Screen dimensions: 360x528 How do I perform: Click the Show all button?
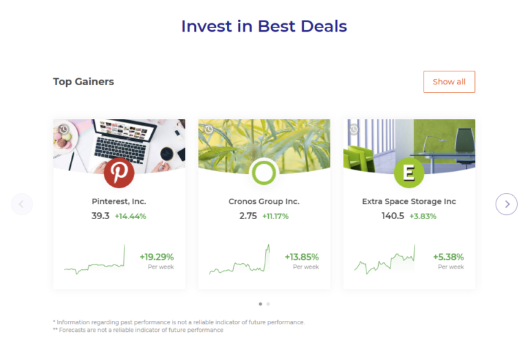(449, 82)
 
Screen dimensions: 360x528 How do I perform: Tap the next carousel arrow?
(507, 204)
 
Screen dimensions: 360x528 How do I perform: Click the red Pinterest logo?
(119, 172)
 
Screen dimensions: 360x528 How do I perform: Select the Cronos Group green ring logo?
(264, 172)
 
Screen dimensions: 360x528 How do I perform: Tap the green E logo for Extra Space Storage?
(409, 172)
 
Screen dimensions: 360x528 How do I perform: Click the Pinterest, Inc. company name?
(119, 202)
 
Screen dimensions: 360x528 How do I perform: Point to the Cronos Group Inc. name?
(264, 202)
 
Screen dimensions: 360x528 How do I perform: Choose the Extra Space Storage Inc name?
(409, 202)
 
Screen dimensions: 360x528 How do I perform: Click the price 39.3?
(100, 216)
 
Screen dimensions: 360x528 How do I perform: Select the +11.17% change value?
(275, 216)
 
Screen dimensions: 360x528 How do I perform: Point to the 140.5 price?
(393, 216)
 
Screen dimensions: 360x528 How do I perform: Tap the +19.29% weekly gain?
(157, 257)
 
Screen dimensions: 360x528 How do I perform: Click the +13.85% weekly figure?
(302, 257)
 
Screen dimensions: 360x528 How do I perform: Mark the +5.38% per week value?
(448, 257)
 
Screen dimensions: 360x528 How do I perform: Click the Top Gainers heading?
(83, 82)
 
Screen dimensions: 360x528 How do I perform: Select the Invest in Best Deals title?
(264, 26)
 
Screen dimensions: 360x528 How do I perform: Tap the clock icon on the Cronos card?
(208, 129)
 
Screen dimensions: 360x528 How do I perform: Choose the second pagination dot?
(268, 304)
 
